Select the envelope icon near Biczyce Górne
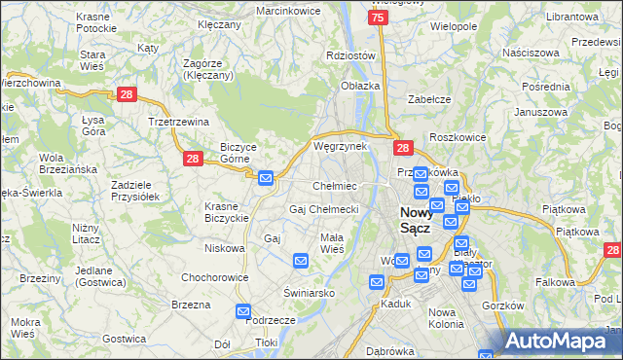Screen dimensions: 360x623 click(266, 177)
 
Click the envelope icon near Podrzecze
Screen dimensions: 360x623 click(243, 311)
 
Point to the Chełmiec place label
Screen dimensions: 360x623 click(334, 185)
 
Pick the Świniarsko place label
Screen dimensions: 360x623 click(309, 292)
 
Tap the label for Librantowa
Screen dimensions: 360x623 click(571, 18)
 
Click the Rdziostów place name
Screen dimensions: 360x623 click(350, 55)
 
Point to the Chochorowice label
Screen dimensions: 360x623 click(210, 277)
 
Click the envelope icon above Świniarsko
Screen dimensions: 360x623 click(301, 261)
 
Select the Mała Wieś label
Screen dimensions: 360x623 click(332, 243)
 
